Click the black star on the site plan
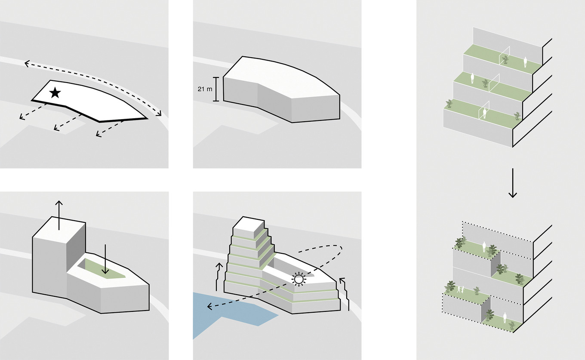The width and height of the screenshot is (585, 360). tap(55, 92)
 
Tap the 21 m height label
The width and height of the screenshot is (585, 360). tap(203, 89)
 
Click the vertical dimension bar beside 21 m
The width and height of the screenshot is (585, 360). tap(215, 89)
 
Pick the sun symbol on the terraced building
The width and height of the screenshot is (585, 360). tap(299, 279)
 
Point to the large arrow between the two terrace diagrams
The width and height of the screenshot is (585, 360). tap(512, 183)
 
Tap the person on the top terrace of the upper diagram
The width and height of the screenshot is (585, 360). tap(525, 62)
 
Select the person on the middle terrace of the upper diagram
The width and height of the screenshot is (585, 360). tap(472, 78)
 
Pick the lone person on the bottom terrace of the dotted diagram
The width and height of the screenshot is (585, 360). tap(504, 318)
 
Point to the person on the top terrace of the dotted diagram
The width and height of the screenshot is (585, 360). tap(484, 247)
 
